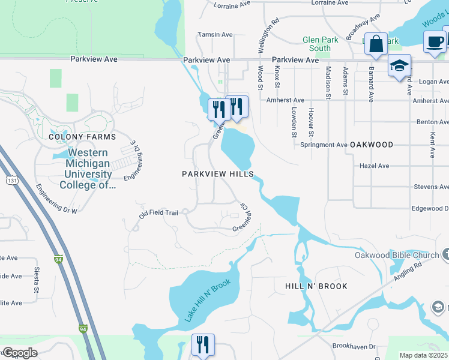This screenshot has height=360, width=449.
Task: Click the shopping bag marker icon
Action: click(x=376, y=44)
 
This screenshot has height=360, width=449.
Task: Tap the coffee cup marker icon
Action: click(x=434, y=41)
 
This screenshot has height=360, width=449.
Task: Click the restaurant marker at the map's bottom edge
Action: click(x=202, y=344)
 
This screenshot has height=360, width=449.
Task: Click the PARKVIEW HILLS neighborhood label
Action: click(x=218, y=174)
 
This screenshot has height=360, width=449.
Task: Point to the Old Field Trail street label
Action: click(x=158, y=213)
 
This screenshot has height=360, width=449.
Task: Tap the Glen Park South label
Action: click(x=316, y=44)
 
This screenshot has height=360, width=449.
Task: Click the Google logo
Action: click(x=20, y=353)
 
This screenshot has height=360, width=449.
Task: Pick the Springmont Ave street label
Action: click(x=324, y=145)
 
